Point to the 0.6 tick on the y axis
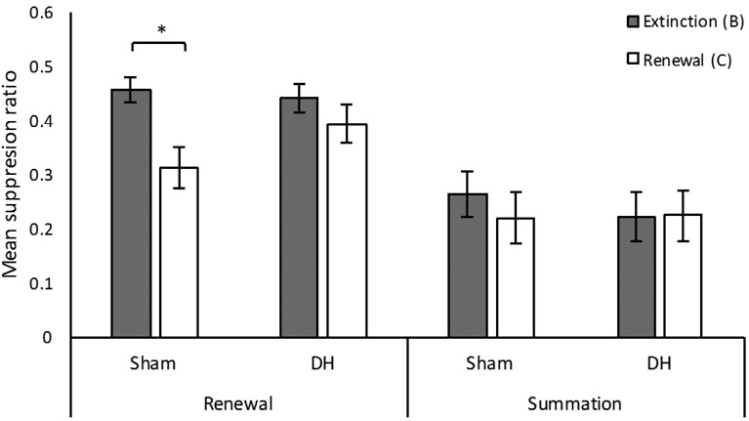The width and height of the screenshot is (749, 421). (42, 14)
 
